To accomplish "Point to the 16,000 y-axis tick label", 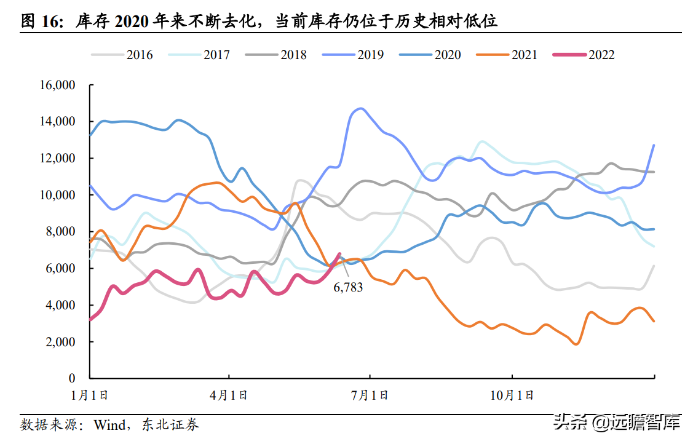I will click(57, 85).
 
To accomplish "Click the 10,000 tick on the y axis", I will click(57, 196).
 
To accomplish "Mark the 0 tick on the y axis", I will click(72, 379).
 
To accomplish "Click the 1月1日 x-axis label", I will click(90, 395).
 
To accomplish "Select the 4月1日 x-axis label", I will click(229, 395).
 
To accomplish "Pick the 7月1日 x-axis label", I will click(370, 395).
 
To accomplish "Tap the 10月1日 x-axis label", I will click(512, 395).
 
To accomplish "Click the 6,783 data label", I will click(348, 287).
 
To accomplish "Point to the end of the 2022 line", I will click(339, 253).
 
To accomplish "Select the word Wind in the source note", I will click(109, 424).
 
